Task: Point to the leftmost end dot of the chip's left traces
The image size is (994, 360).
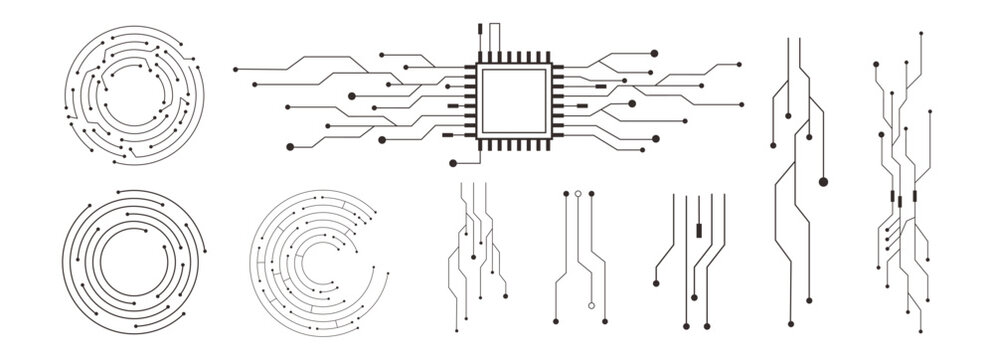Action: click(x=236, y=69)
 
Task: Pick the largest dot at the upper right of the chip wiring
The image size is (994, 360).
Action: click(x=655, y=50)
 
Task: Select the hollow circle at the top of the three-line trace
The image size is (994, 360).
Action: click(x=578, y=192)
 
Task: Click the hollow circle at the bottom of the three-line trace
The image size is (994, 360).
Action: click(x=591, y=304)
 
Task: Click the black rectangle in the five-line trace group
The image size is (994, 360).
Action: click(x=697, y=231)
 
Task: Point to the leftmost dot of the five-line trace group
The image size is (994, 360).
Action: click(x=656, y=284)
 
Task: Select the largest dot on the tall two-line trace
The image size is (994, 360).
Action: click(x=823, y=181)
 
